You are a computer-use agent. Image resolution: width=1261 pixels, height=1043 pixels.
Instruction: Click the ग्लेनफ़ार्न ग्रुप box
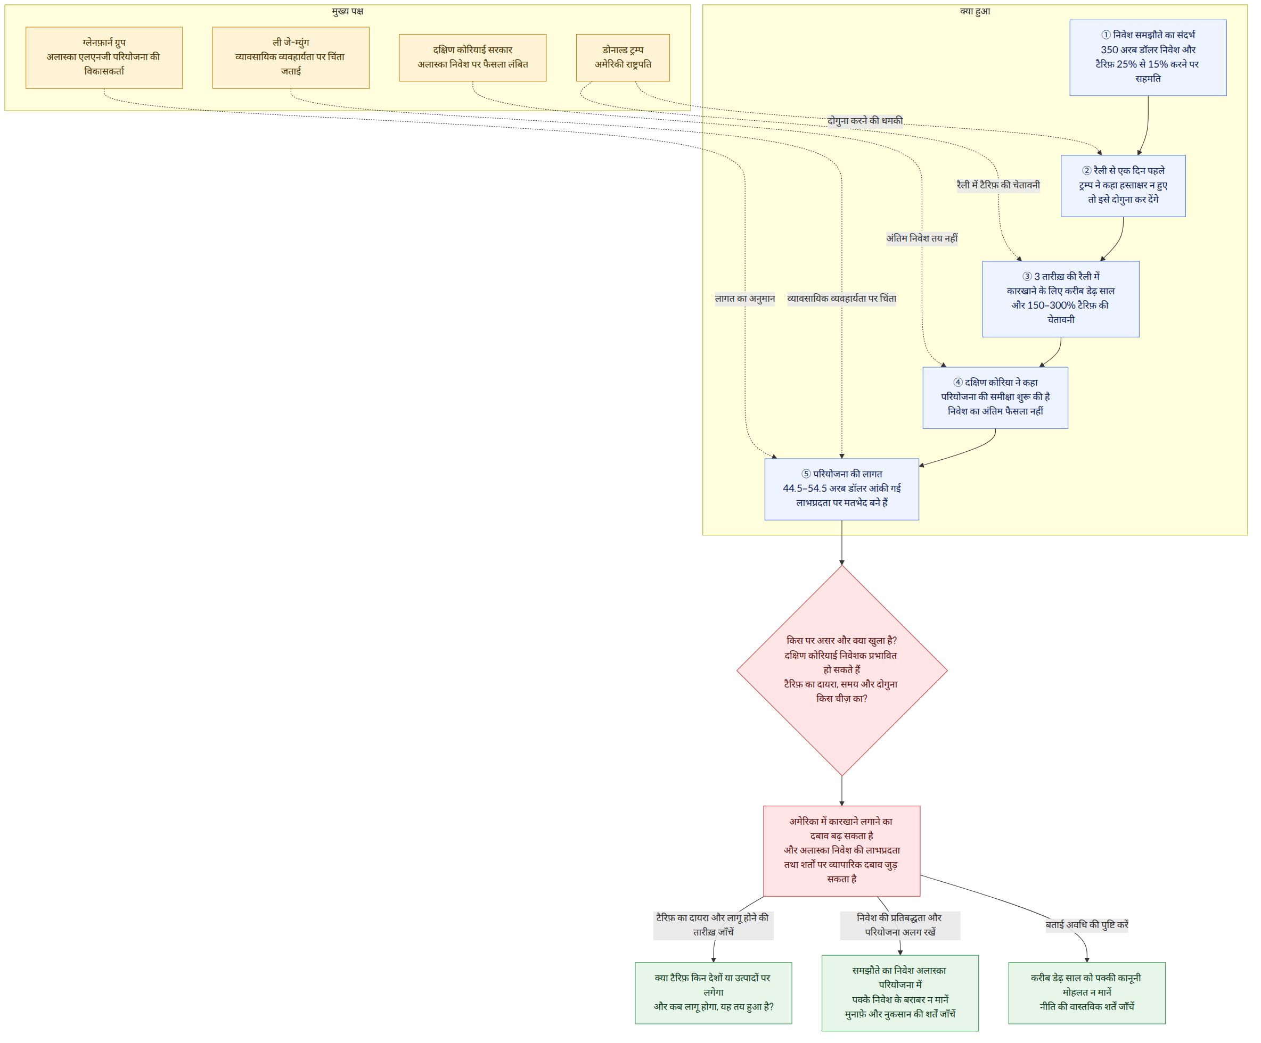(104, 57)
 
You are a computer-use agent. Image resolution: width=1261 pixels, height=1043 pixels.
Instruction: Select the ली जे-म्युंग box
(291, 57)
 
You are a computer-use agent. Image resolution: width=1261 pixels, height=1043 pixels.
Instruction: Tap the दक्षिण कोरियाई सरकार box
(472, 57)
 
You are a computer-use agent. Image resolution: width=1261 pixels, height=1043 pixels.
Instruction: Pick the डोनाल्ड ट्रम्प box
(623, 57)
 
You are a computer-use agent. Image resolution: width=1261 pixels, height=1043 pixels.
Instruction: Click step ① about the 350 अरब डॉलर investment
(1148, 57)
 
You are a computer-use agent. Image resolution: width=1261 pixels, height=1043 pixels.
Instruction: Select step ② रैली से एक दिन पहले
(1123, 186)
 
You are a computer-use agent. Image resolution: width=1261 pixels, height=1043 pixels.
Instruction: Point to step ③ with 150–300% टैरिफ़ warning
(1060, 299)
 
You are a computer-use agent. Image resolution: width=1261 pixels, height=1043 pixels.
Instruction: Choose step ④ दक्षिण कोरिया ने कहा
(995, 398)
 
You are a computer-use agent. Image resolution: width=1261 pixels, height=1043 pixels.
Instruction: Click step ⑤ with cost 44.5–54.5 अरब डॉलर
(841, 489)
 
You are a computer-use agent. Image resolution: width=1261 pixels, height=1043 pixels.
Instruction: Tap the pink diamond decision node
(842, 670)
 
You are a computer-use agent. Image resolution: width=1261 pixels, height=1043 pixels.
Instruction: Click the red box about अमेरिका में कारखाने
(841, 851)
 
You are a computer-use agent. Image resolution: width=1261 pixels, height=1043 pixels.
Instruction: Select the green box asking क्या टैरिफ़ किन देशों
(714, 993)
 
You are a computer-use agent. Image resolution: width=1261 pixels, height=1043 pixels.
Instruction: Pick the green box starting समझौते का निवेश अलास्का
(900, 993)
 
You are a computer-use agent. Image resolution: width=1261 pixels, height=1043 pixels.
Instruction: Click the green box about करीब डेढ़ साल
(1087, 993)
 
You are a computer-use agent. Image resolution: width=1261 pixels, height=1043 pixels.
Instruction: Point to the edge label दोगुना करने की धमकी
(865, 121)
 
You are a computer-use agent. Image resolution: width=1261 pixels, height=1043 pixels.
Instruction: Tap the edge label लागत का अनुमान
(744, 299)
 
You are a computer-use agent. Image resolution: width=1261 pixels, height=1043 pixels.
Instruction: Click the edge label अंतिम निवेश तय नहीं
(922, 238)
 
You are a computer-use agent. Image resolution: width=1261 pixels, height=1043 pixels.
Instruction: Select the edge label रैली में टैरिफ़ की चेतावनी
(998, 185)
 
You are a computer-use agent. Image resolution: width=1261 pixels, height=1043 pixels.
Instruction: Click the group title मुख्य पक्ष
(348, 11)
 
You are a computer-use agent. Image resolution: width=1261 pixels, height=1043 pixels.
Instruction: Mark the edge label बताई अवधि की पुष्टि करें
(1087, 925)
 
